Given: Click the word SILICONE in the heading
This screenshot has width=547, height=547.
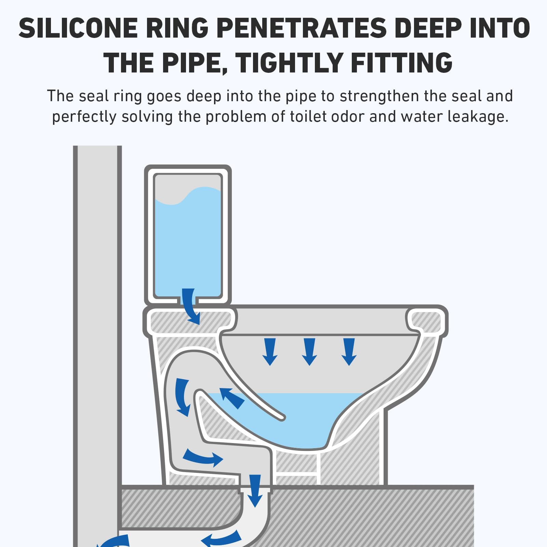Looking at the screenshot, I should (x=78, y=28).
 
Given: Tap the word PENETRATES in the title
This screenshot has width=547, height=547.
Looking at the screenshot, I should (x=301, y=28).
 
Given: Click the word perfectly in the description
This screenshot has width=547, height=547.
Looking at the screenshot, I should (x=84, y=117).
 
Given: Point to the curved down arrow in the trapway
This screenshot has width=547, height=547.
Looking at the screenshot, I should (x=183, y=397).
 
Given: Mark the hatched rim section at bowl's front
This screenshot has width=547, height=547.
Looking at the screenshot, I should (x=426, y=321).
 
